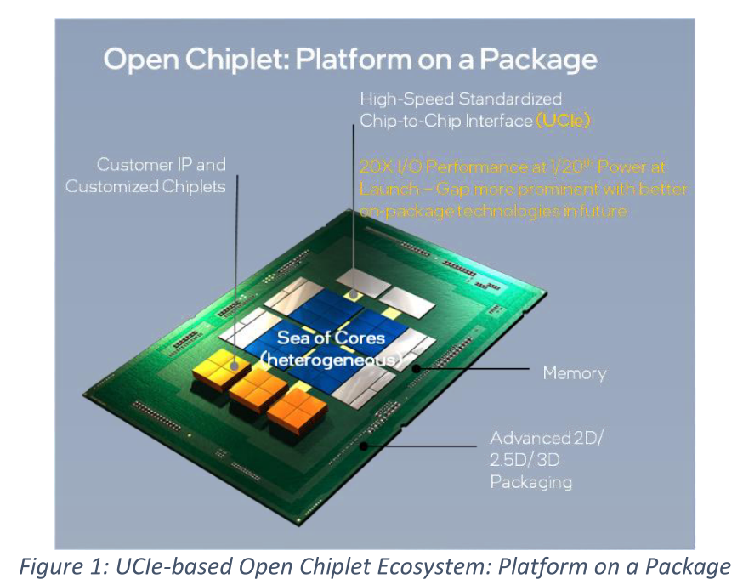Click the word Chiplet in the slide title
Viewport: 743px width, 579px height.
click(235, 60)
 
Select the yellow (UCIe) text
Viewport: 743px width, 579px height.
click(563, 121)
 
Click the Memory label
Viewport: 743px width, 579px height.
click(575, 373)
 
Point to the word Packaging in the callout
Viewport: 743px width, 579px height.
click(531, 482)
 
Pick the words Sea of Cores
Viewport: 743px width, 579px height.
click(331, 338)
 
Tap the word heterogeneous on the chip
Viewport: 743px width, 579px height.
click(331, 360)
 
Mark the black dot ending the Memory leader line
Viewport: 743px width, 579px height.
click(416, 368)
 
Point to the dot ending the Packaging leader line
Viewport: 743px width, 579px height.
click(364, 446)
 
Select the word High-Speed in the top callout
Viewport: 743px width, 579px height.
click(407, 99)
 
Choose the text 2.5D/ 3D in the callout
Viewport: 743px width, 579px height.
click(525, 460)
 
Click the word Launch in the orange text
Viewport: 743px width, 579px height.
click(389, 189)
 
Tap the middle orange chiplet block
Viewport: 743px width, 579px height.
click(258, 390)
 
